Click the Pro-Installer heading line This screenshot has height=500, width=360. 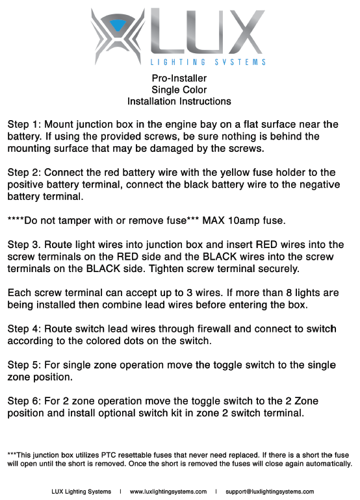coord(179,78)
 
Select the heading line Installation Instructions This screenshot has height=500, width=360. coord(179,101)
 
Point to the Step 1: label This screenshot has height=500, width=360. coord(25,123)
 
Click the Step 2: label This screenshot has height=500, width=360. coord(25,172)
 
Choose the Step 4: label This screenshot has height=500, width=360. coord(25,329)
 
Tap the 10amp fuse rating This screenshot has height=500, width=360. coord(244,221)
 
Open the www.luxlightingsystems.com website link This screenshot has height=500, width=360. coord(168,492)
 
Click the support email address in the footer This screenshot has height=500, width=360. coord(269,492)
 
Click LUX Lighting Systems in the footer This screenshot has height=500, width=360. coord(81,492)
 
